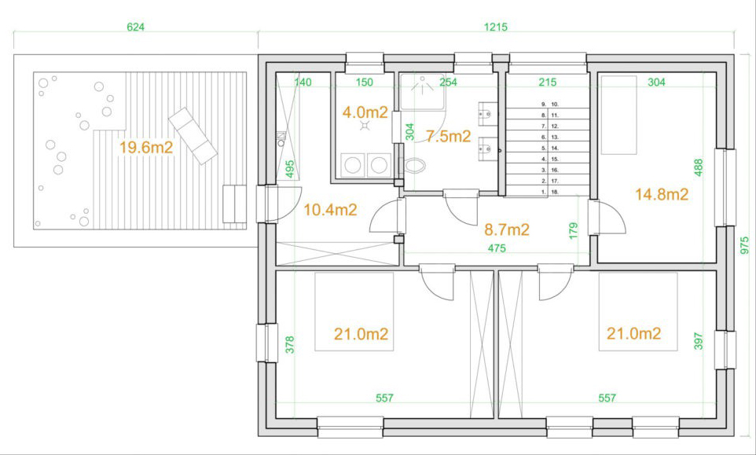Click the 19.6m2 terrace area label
coord(146,148)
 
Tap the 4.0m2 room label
coord(365,112)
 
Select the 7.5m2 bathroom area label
coord(448,137)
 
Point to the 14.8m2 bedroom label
coord(662,194)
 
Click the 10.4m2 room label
coord(330,210)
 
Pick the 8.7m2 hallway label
coord(507,229)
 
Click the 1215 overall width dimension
coord(496,28)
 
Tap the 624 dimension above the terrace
coord(135,28)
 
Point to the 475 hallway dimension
coord(497,248)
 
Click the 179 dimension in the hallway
coord(573,231)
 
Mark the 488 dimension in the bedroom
coord(699,167)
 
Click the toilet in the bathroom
coord(414,166)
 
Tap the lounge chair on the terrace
coord(193,136)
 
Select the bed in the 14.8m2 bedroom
coord(618,115)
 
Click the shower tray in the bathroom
coord(422,92)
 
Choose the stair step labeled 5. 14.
coord(548,148)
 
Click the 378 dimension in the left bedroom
coord(290,345)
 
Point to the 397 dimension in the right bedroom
coord(699,340)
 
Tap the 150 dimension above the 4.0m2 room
coord(365,83)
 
